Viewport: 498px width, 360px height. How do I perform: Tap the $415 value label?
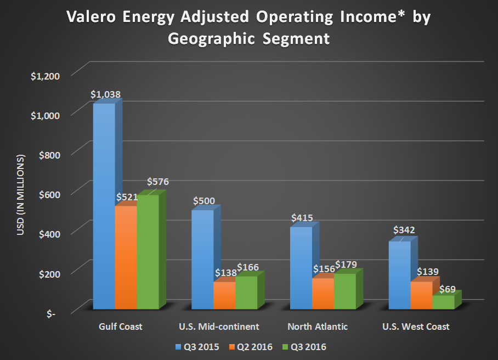[x=302, y=218]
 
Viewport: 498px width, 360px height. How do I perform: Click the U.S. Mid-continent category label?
[x=219, y=327]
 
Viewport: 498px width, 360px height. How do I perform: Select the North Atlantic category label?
[x=318, y=327]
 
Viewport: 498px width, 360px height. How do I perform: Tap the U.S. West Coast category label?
[x=416, y=327]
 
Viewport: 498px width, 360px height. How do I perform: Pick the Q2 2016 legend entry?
[x=253, y=347]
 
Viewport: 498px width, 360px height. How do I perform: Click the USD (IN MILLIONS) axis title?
[x=21, y=195]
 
